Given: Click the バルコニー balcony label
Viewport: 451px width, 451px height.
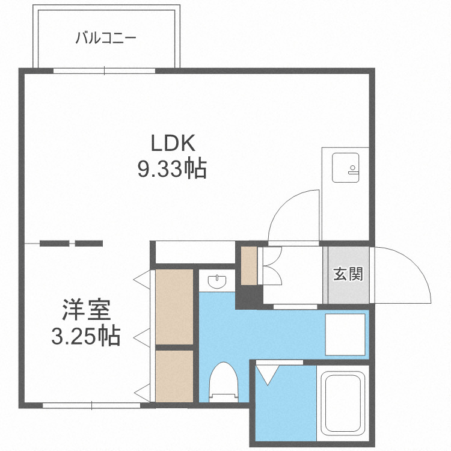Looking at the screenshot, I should (x=106, y=39).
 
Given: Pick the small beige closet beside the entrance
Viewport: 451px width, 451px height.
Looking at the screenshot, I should (x=248, y=265).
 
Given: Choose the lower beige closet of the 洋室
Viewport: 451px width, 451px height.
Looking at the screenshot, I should (x=174, y=376).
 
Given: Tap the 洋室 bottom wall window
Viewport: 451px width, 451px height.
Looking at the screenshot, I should (x=91, y=405).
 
